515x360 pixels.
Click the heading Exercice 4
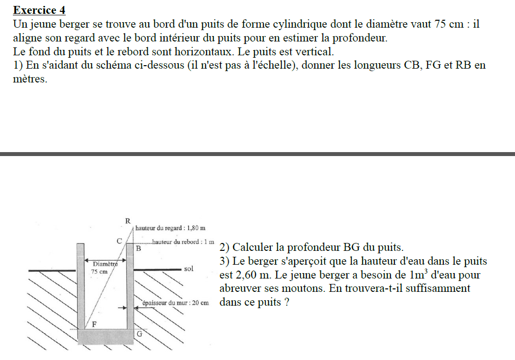coord(39,10)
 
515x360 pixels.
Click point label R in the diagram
coord(128,220)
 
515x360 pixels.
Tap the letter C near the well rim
coord(119,241)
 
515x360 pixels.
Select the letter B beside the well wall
coord(138,249)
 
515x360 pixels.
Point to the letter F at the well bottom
coord(94,323)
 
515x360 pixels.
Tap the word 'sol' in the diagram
coord(188,269)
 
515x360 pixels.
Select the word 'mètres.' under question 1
coord(30,79)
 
